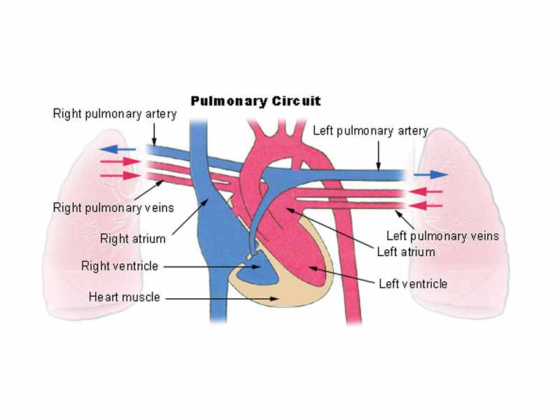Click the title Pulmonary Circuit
coord(255,101)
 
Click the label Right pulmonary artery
coord(114,113)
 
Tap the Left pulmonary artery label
coord(370,131)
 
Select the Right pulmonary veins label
coord(113,207)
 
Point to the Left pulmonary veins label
coord(442,236)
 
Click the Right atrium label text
coord(133,239)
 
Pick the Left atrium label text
coord(406,251)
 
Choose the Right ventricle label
coord(120,266)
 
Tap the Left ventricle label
coord(412,283)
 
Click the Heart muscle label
coord(124,297)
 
